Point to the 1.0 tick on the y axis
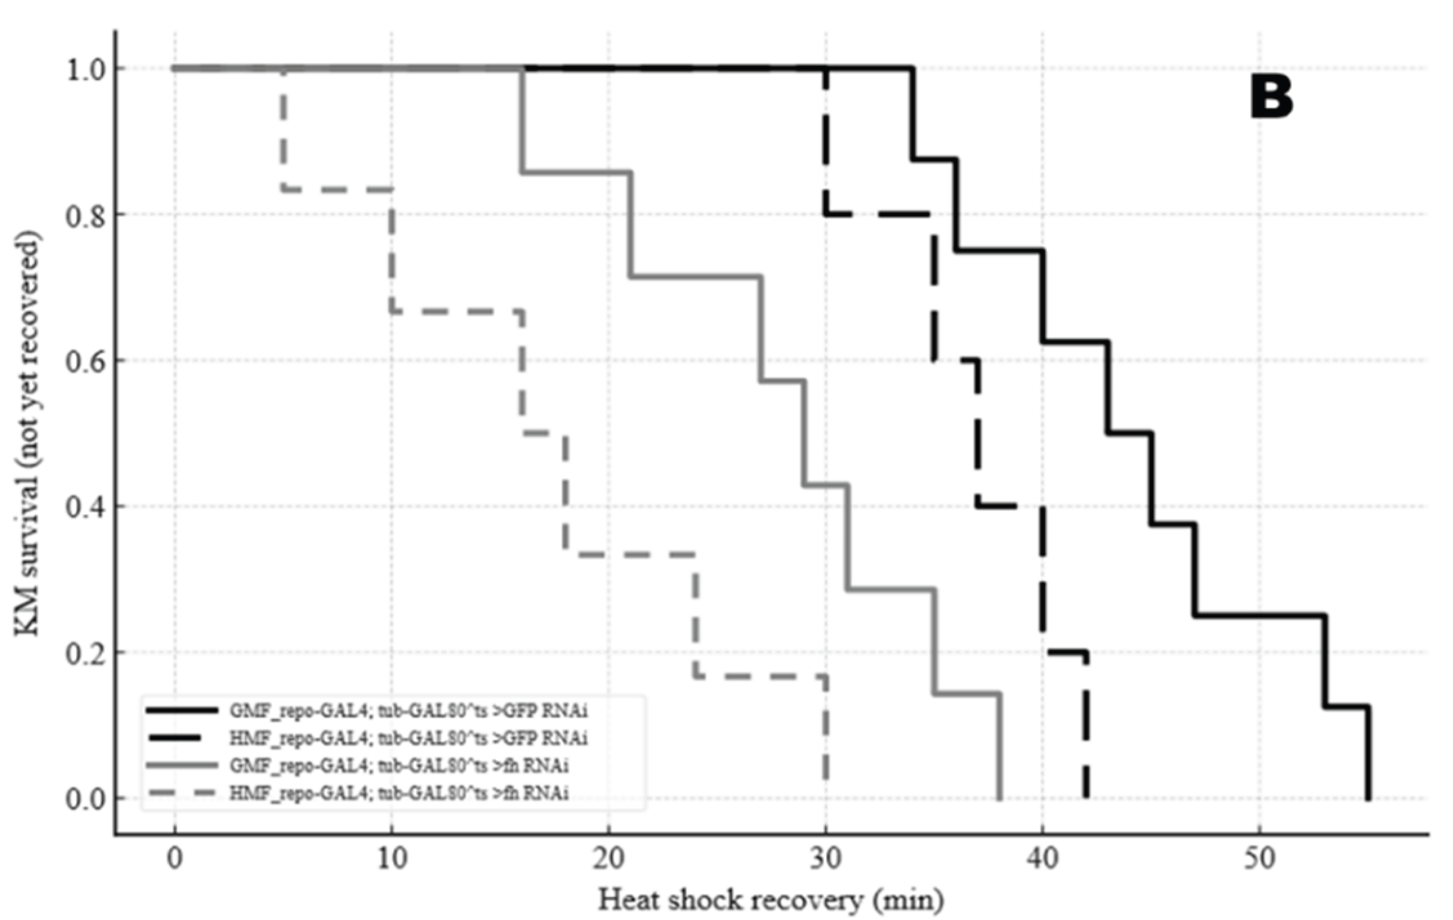pyautogui.click(x=86, y=68)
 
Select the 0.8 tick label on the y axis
pyautogui.click(x=86, y=215)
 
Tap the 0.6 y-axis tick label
pyautogui.click(x=86, y=361)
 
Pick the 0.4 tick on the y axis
pyautogui.click(x=86, y=506)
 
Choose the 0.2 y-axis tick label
pyautogui.click(x=86, y=653)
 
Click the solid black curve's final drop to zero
pyautogui.click(x=1367, y=754)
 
